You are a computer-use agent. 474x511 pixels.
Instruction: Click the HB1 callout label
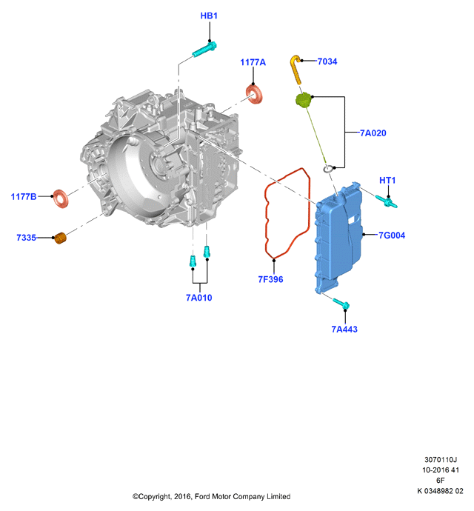[209, 16]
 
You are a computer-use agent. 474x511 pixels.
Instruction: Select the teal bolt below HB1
[204, 49]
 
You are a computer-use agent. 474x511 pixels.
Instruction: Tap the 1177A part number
[253, 62]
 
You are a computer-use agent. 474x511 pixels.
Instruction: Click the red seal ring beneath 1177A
[254, 95]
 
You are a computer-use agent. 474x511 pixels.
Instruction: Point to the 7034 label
[327, 61]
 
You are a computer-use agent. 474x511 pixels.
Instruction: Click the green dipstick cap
[304, 100]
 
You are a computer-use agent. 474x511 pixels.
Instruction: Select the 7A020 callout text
[373, 133]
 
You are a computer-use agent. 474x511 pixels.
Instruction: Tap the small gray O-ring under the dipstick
[328, 169]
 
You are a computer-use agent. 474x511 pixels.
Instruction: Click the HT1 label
[387, 180]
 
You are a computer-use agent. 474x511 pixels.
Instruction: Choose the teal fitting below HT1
[387, 201]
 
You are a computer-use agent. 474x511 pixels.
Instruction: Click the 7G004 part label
[392, 236]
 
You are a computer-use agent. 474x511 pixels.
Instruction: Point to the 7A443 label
[344, 329]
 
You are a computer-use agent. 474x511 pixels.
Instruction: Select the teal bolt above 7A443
[341, 304]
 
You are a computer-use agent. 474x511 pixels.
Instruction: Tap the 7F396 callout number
[270, 279]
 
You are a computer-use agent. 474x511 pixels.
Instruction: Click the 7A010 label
[199, 298]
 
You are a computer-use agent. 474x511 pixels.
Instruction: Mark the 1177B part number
[24, 196]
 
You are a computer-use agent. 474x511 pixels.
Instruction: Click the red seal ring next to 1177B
[61, 198]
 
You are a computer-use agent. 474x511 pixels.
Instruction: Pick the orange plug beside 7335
[60, 238]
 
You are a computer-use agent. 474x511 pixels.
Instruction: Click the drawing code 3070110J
[441, 459]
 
